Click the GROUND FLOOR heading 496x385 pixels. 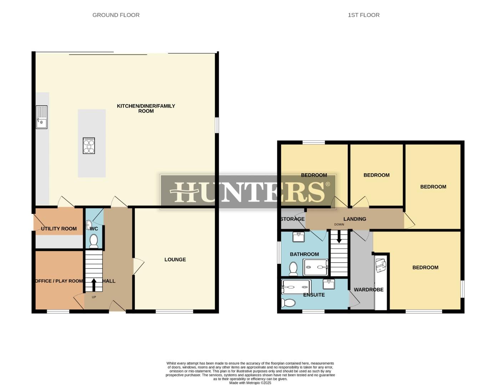(x=116, y=15)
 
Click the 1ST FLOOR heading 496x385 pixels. (x=364, y=15)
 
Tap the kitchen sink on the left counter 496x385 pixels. (x=41, y=117)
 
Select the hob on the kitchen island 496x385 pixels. (x=89, y=145)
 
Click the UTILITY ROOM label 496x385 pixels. (x=59, y=229)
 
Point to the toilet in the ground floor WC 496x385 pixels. (x=94, y=241)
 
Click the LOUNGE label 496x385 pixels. (x=175, y=260)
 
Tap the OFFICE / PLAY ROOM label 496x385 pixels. (x=59, y=281)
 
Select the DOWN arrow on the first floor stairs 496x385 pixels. (x=339, y=237)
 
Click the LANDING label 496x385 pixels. (x=355, y=219)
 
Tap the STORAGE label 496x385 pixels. (x=292, y=219)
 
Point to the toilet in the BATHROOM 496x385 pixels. (x=293, y=269)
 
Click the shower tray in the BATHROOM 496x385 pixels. (x=315, y=267)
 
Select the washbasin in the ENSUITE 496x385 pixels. (x=329, y=284)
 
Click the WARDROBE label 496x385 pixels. (x=369, y=289)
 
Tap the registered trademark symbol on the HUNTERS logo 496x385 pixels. (x=328, y=184)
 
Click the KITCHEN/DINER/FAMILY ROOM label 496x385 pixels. (x=146, y=108)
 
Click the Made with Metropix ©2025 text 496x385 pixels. (x=250, y=383)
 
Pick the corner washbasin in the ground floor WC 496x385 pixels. (x=88, y=224)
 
